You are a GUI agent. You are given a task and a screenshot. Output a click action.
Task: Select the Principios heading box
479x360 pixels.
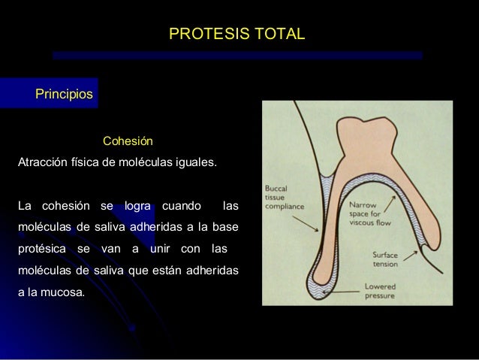click(63, 95)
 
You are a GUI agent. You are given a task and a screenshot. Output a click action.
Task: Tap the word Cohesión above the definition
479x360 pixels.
click(128, 141)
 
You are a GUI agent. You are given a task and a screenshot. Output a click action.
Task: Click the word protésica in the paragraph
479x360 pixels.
click(42, 249)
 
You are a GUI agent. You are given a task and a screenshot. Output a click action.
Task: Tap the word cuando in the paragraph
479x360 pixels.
click(181, 205)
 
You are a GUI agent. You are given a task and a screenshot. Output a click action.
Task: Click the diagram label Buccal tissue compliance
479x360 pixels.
click(285, 195)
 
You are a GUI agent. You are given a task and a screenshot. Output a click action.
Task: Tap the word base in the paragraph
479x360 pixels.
click(226, 227)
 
